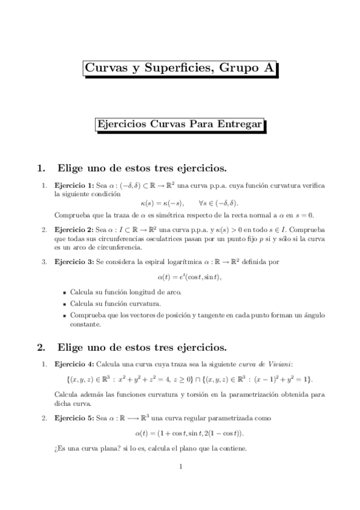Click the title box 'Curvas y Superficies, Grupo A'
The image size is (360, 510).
click(x=180, y=70)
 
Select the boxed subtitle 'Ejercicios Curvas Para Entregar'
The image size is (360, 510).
click(x=180, y=124)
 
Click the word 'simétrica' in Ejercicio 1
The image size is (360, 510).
click(x=163, y=215)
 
